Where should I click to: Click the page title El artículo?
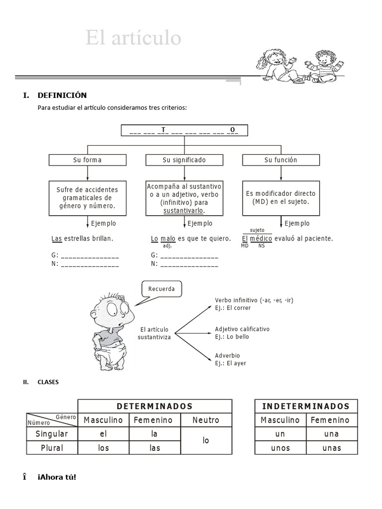(x=133, y=38)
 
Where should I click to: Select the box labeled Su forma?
(x=87, y=160)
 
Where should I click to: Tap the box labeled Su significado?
(x=184, y=160)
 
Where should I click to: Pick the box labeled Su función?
(x=281, y=160)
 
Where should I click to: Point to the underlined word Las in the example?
(x=57, y=239)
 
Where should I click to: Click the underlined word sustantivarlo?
(x=184, y=211)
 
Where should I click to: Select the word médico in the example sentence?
(x=261, y=239)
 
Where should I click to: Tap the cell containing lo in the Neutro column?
(x=206, y=440)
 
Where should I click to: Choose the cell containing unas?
(x=331, y=448)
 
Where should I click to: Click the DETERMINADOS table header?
(x=155, y=406)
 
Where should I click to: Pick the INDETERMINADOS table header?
(x=305, y=406)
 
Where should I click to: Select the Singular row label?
(x=52, y=434)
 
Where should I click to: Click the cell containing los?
(x=103, y=448)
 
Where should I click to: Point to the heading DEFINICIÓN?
(x=62, y=95)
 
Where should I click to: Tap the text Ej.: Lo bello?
(x=232, y=337)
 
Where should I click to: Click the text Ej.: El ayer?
(x=230, y=363)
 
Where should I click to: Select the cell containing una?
(x=331, y=434)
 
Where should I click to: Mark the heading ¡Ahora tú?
(x=57, y=477)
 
